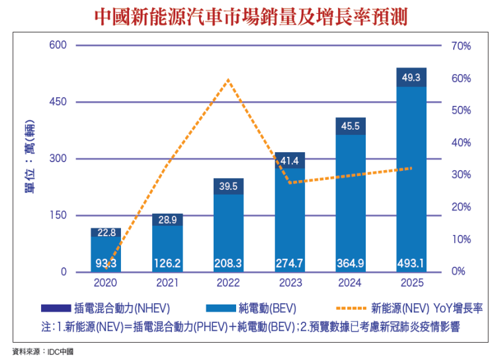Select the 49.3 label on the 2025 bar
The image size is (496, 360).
[411, 78]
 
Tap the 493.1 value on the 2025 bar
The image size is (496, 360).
[411, 263]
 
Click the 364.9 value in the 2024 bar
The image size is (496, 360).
[351, 263]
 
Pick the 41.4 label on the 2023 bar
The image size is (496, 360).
[290, 161]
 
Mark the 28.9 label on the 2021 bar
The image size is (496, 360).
[167, 219]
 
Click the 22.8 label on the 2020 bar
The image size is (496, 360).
[106, 232]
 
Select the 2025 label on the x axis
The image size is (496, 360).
[411, 283]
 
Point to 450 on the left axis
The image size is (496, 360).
[59, 102]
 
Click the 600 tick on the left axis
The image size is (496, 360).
[59, 45]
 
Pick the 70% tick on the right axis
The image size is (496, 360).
[461, 46]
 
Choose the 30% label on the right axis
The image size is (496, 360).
[461, 175]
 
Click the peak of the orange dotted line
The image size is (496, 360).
[228, 79]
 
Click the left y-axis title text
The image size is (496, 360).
[30, 159]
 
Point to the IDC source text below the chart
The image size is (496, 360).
[43, 351]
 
